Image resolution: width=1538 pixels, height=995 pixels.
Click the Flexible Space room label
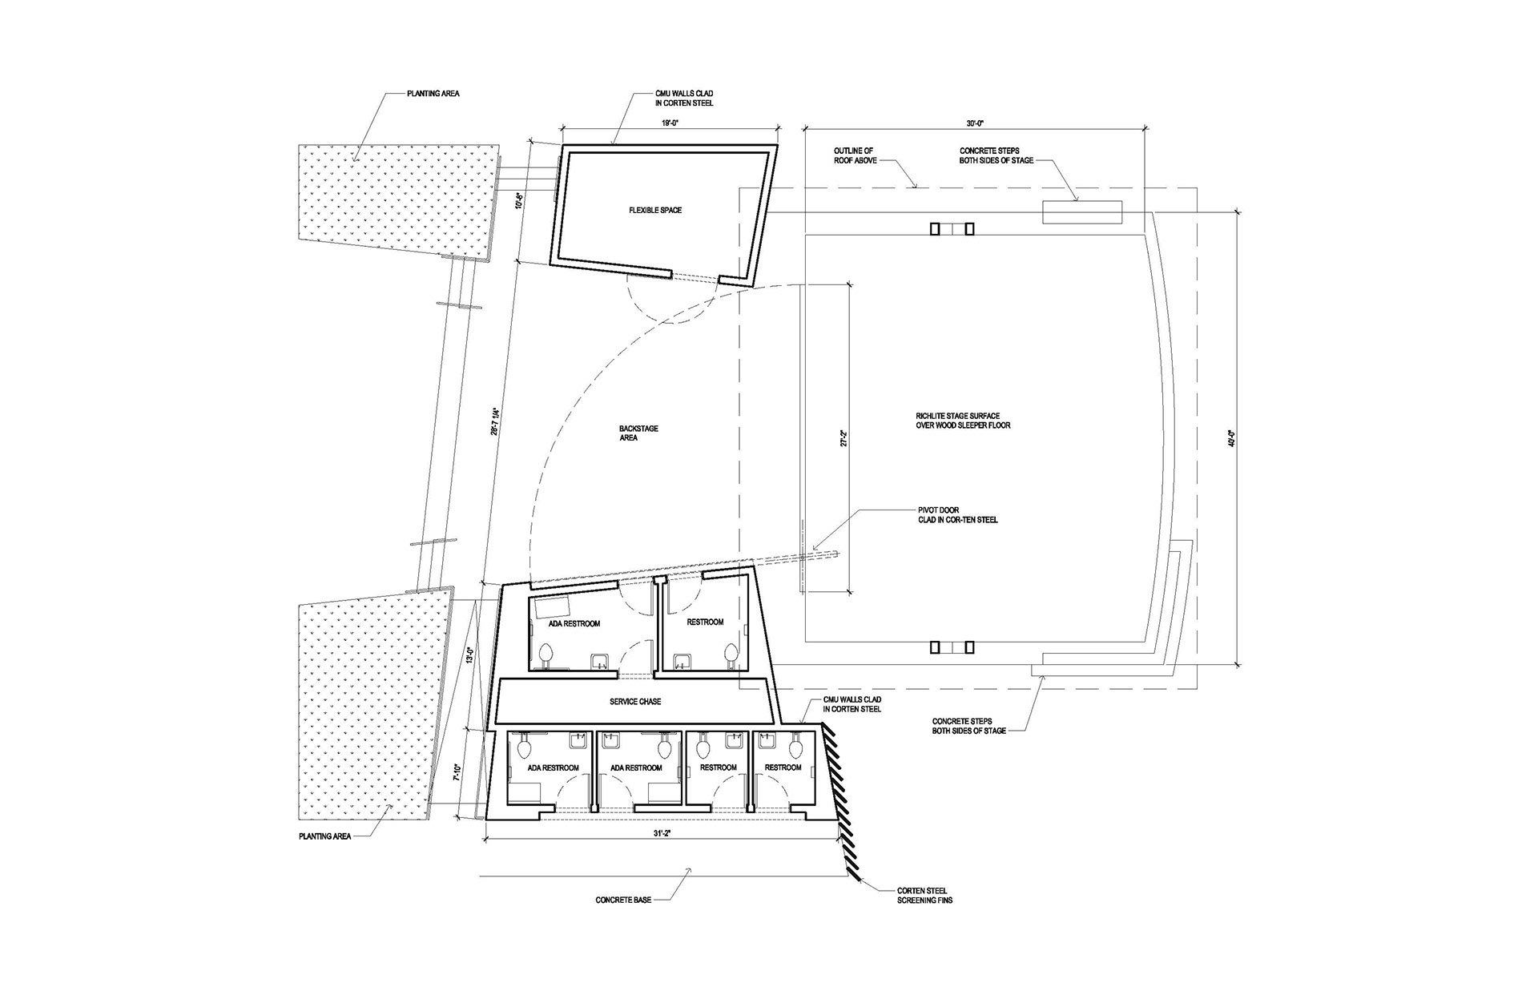click(x=654, y=211)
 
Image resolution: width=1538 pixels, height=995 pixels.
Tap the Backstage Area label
click(x=638, y=433)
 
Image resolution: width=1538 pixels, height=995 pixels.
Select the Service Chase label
click(x=635, y=702)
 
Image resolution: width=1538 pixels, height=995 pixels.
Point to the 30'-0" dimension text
click(x=974, y=123)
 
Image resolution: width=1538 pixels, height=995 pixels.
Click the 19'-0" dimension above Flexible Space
click(x=670, y=123)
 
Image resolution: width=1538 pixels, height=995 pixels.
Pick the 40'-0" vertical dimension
click(x=1231, y=438)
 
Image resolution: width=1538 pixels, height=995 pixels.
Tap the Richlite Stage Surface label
click(x=963, y=421)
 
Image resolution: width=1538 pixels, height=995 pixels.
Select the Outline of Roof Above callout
click(x=854, y=155)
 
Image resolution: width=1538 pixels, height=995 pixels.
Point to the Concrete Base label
click(x=623, y=900)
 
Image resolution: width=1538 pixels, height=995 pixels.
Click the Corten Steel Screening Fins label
click(x=924, y=895)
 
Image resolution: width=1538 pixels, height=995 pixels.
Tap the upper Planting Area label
click(x=433, y=94)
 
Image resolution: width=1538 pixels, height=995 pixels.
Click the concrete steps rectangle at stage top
click(x=1082, y=212)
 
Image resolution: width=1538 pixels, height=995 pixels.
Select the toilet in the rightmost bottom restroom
click(x=795, y=749)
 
